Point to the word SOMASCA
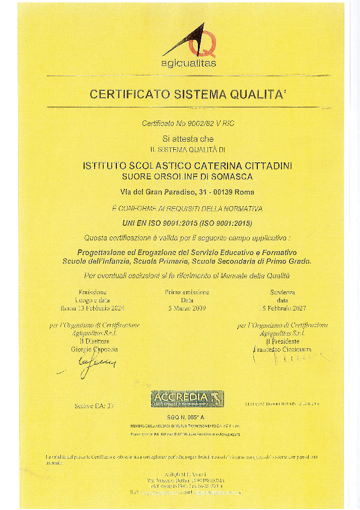[232, 176]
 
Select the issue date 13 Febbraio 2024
[101, 307]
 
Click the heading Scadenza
[282, 292]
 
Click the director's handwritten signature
[96, 364]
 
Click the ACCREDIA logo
[187, 399]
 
